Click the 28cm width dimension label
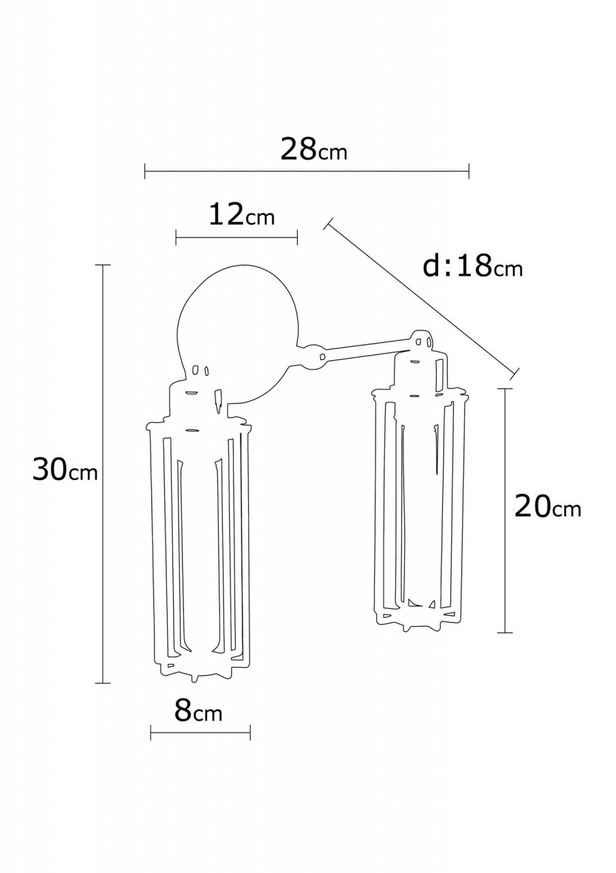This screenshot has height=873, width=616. pyautogui.click(x=313, y=149)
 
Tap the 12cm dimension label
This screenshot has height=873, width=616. pyautogui.click(x=241, y=216)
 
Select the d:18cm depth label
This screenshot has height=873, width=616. pyautogui.click(x=472, y=266)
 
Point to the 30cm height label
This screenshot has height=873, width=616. pyautogui.click(x=65, y=470)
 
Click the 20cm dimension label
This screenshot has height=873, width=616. pyautogui.click(x=547, y=507)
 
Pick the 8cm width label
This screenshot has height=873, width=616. pyautogui.click(x=198, y=711)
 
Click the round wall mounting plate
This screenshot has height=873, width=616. pyautogui.click(x=238, y=321)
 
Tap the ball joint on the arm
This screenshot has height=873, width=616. pyautogui.click(x=311, y=357)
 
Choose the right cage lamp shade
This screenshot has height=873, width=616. pyautogui.click(x=418, y=505)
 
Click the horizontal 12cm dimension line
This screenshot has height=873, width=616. pyautogui.click(x=236, y=237)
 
